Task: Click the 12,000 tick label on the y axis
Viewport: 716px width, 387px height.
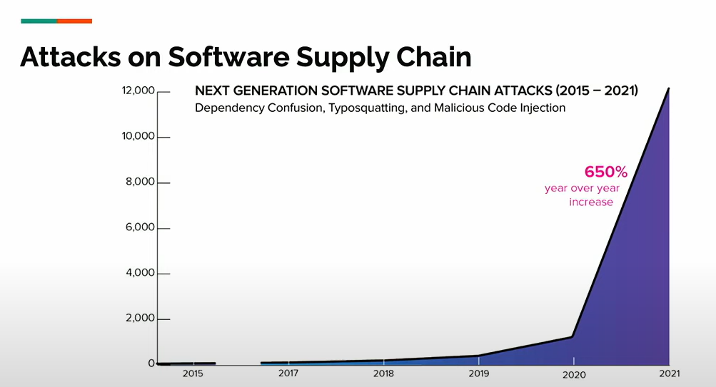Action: (x=138, y=91)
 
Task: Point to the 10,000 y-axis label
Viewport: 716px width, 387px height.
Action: (x=138, y=136)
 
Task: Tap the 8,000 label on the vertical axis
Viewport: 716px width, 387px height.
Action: (x=140, y=182)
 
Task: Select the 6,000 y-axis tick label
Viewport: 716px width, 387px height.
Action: (x=140, y=227)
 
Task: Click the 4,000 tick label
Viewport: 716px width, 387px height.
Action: (x=140, y=272)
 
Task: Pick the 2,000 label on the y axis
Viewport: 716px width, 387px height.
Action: (x=140, y=318)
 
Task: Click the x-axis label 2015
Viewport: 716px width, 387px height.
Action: (x=193, y=373)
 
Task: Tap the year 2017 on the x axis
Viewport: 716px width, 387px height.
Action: (x=288, y=373)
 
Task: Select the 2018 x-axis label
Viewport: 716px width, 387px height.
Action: (x=383, y=373)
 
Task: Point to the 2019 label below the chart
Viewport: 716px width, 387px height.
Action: (x=478, y=373)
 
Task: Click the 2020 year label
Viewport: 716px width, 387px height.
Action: (x=574, y=375)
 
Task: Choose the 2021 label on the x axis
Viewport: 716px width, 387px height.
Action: (x=670, y=373)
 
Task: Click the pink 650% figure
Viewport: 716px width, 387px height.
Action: (x=606, y=172)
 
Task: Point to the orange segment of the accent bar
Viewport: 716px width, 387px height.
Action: (x=74, y=21)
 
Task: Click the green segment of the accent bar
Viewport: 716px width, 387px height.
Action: (x=39, y=21)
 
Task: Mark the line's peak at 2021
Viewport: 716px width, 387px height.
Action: (x=668, y=88)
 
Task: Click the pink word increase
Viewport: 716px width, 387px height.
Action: (x=591, y=202)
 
